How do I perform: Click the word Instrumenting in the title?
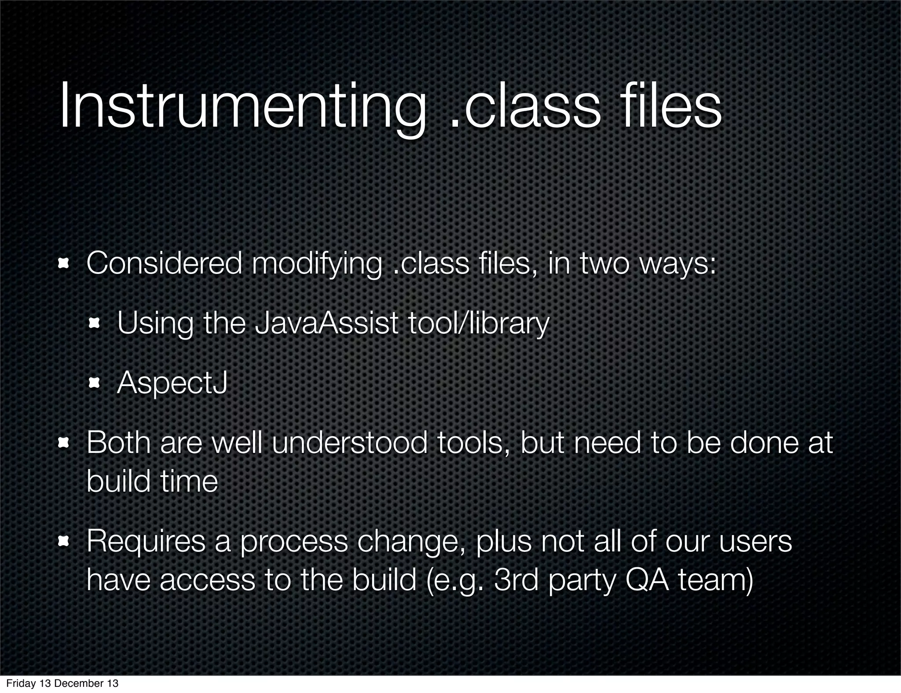coord(242,107)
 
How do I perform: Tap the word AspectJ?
coord(172,383)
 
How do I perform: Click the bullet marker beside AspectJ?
coord(94,383)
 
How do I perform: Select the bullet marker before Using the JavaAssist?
coord(94,324)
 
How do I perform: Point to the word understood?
coord(349,443)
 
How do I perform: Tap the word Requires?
coord(146,542)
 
